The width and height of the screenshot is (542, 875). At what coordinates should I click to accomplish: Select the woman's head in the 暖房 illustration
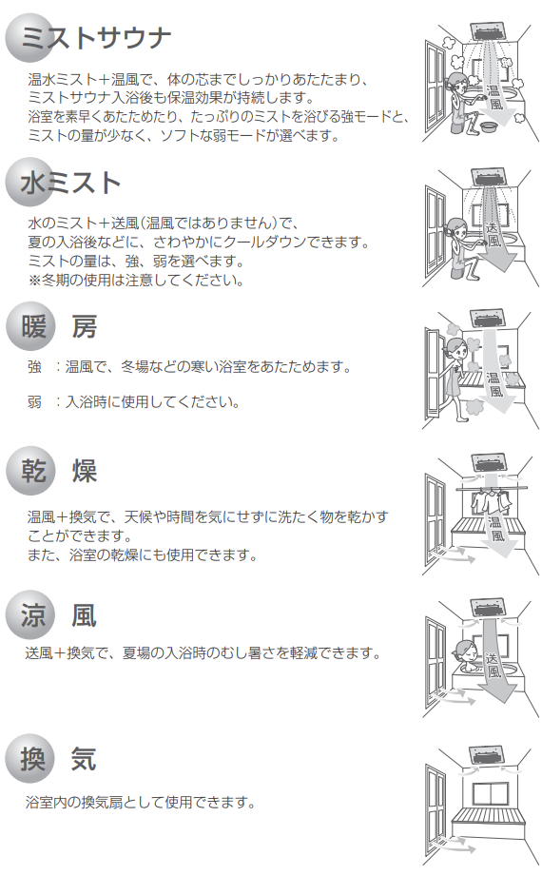[x=455, y=348]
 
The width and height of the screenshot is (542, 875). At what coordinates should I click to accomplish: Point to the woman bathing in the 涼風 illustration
[x=466, y=652]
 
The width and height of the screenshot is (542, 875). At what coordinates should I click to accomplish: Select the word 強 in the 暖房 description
[x=35, y=366]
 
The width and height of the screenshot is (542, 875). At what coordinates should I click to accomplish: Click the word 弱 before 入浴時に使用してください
[x=35, y=401]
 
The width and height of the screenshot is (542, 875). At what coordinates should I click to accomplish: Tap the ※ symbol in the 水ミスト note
[x=34, y=280]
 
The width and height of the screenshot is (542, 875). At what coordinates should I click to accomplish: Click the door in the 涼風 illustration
[x=435, y=661]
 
